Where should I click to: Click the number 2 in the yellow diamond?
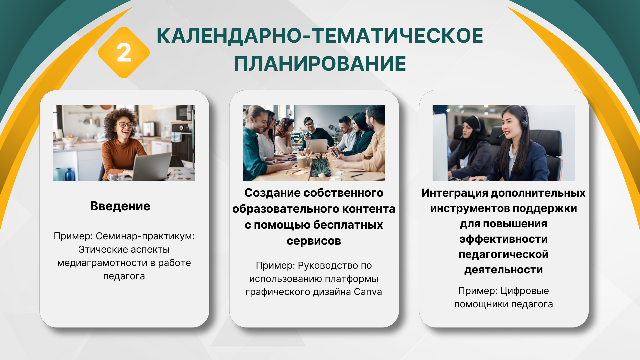[124, 53]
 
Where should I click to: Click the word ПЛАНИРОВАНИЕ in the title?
[320, 64]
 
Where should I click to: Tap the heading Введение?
[120, 206]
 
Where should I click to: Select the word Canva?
[368, 292]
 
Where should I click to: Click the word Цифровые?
[525, 291]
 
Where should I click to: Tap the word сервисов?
[314, 241]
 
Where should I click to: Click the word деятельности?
[504, 270]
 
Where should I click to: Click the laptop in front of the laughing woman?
[152, 167]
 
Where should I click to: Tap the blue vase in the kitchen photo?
[70, 174]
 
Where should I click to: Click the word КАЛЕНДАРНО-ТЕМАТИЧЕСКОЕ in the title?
[320, 36]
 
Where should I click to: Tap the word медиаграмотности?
[102, 263]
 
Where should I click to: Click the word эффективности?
[504, 239]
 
